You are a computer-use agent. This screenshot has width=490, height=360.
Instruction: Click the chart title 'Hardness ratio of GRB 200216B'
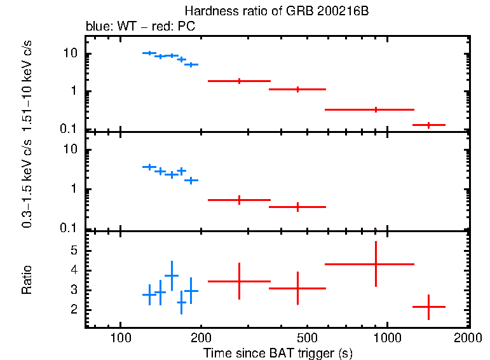(x=276, y=11)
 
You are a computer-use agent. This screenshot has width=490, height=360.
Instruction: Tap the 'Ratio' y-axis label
(x=27, y=280)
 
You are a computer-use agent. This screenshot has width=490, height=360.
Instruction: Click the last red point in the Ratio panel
(x=429, y=307)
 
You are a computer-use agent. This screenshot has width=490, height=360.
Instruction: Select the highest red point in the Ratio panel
(x=376, y=264)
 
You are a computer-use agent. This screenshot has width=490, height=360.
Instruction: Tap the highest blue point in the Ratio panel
(x=171, y=275)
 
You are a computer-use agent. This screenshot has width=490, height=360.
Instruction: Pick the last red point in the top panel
(x=429, y=125)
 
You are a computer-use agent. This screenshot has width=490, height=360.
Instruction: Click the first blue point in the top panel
(x=149, y=53)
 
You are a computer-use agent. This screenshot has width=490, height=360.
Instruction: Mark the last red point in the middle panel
(x=297, y=207)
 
